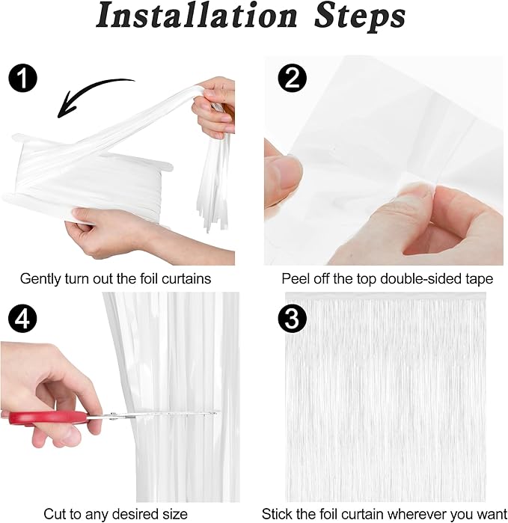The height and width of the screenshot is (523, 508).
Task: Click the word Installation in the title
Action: coord(197,16)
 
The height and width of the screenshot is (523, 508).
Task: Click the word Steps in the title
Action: coord(360,17)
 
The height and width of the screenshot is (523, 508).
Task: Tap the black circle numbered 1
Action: coord(22,78)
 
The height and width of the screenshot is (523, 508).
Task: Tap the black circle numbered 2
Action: coord(293,78)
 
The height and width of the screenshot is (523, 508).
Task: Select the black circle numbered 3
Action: coord(292,318)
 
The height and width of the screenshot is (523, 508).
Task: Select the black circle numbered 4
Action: coord(22,318)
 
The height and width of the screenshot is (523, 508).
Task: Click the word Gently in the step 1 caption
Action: coord(40,279)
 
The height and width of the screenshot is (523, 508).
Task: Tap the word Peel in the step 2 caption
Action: coord(294,279)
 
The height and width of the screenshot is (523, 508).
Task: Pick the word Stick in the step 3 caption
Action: coord(276,514)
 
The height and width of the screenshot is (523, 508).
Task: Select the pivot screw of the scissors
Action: coord(114,415)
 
